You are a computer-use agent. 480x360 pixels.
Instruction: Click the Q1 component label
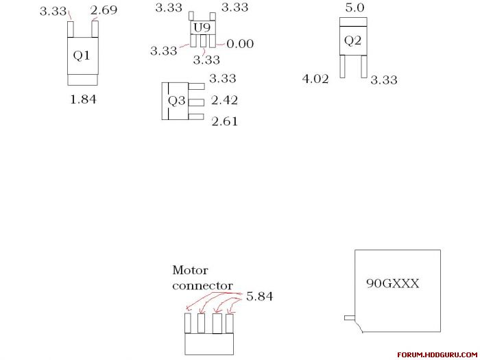point(82,56)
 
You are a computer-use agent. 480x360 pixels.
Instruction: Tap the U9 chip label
point(202,28)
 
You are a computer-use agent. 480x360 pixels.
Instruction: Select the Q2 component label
point(352,40)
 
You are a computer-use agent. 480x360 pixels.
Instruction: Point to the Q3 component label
point(177,100)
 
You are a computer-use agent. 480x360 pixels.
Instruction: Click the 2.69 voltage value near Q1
point(104,10)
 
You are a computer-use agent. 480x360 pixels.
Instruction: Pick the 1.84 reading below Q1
point(83,99)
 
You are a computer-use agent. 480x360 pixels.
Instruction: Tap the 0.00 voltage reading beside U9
point(240,44)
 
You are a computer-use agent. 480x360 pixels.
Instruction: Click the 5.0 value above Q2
point(355,8)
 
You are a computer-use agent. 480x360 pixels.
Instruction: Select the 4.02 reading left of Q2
point(315,79)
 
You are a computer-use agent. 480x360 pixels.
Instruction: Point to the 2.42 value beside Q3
point(224,100)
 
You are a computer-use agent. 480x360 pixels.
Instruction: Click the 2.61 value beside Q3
point(224,121)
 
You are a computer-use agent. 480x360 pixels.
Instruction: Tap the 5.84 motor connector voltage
point(259,296)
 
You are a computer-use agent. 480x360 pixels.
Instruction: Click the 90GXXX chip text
point(393,284)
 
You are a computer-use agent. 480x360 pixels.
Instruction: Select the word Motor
point(190,270)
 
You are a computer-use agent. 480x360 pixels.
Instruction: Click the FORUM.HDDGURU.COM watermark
point(438,355)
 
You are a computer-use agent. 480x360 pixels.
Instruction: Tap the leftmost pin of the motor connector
point(188,323)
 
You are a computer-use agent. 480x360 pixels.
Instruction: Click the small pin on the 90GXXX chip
point(350,318)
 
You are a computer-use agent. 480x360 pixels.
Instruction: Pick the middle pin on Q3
point(196,102)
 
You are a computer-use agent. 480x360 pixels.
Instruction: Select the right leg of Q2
point(363,66)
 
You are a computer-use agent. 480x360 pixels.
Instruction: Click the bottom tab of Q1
point(83,80)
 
